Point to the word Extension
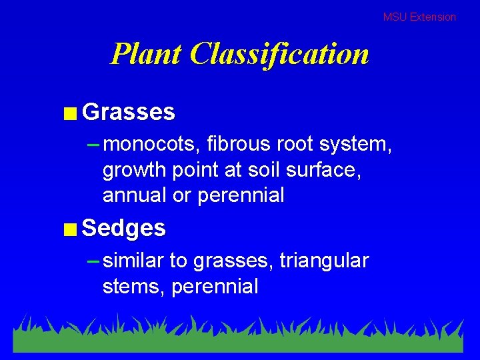click(433, 17)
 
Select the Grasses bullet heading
click(129, 112)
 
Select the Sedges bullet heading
click(124, 228)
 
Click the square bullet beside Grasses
click(70, 113)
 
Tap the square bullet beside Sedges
click(70, 230)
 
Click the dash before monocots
click(93, 143)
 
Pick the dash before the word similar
click(93, 260)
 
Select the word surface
click(323, 169)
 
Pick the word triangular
click(324, 261)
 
